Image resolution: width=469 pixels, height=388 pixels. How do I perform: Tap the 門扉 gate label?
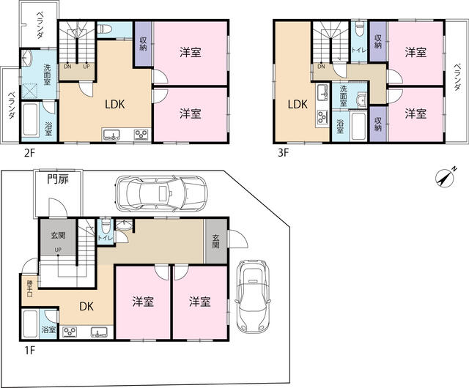click(x=58, y=179)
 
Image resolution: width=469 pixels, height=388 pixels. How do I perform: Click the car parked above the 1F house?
click(x=161, y=193)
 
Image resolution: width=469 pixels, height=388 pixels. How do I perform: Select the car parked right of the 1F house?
click(x=253, y=296)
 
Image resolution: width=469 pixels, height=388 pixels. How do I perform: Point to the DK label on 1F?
click(x=86, y=307)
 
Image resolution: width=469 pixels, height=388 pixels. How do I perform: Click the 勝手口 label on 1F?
click(x=29, y=288)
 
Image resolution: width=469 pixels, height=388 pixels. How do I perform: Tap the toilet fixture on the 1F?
click(x=105, y=226)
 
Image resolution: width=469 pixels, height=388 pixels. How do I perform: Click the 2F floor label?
click(x=29, y=153)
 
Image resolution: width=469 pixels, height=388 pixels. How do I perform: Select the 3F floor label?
click(x=284, y=153)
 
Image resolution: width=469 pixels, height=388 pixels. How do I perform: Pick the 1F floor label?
click(x=29, y=350)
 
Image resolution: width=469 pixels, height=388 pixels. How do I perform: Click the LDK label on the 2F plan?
click(x=115, y=105)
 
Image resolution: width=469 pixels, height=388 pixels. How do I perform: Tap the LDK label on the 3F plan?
click(x=298, y=105)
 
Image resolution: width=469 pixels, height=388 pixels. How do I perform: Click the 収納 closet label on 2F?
click(x=143, y=44)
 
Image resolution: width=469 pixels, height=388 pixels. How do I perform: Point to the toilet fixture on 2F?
click(x=105, y=29)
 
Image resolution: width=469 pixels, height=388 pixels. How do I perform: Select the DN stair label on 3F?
click(x=322, y=67)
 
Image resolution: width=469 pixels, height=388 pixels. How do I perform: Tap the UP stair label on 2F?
click(x=86, y=67)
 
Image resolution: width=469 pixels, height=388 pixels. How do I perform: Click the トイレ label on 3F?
click(x=358, y=50)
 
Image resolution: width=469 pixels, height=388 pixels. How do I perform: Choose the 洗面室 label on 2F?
click(x=47, y=75)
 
